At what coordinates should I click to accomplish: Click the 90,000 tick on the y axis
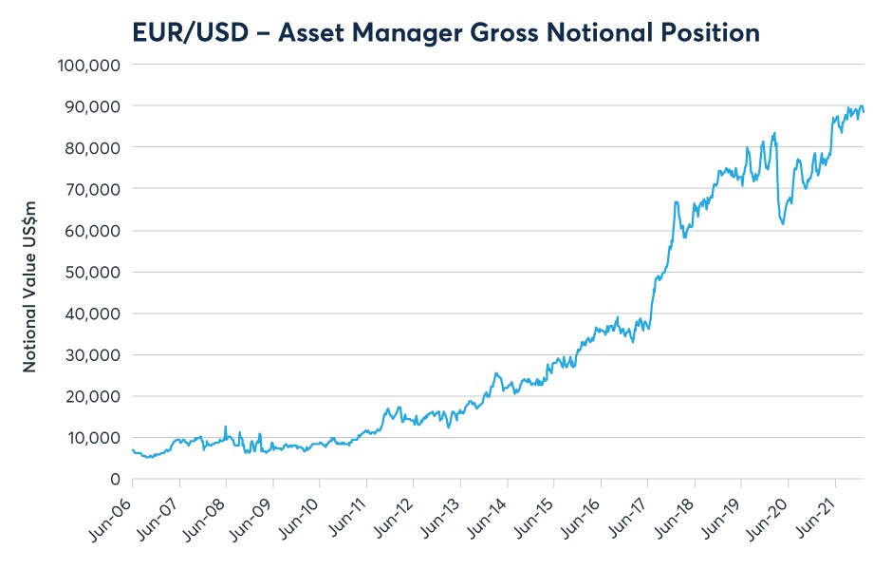[x=91, y=106]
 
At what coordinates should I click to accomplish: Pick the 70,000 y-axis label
[x=91, y=189]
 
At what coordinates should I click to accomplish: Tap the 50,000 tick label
[x=91, y=272]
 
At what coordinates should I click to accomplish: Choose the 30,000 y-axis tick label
[x=91, y=354]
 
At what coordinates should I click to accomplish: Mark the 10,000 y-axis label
[x=91, y=437]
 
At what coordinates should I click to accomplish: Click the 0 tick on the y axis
[x=113, y=479]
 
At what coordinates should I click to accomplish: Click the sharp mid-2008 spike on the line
[x=225, y=427]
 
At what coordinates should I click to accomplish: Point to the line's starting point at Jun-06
[x=132, y=449]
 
